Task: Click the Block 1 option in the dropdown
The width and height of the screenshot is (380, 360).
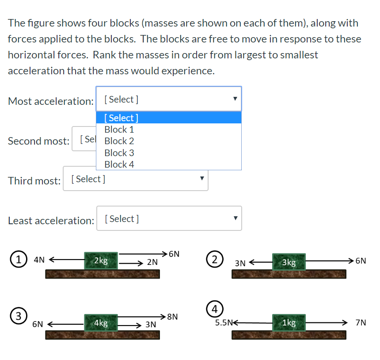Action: [x=119, y=130]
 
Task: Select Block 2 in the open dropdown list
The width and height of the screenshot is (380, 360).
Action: [x=119, y=141]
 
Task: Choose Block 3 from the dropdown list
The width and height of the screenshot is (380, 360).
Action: [x=119, y=153]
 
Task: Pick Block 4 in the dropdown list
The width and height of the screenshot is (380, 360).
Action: [x=119, y=164]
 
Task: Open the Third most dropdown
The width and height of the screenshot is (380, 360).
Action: [x=135, y=179]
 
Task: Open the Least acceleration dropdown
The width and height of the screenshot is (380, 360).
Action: [x=169, y=218]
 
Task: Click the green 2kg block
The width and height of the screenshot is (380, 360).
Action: [x=101, y=261]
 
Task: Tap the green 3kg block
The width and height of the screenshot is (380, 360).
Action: [x=289, y=262]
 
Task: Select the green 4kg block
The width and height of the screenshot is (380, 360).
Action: [x=101, y=323]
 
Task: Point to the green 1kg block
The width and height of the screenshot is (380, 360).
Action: [x=289, y=323]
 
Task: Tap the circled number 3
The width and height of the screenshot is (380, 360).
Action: [x=17, y=316]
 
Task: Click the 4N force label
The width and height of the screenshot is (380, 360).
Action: [x=39, y=260]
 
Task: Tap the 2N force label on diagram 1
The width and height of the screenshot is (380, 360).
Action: [x=152, y=262]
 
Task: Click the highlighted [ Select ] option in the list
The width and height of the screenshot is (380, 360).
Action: [x=121, y=118]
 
